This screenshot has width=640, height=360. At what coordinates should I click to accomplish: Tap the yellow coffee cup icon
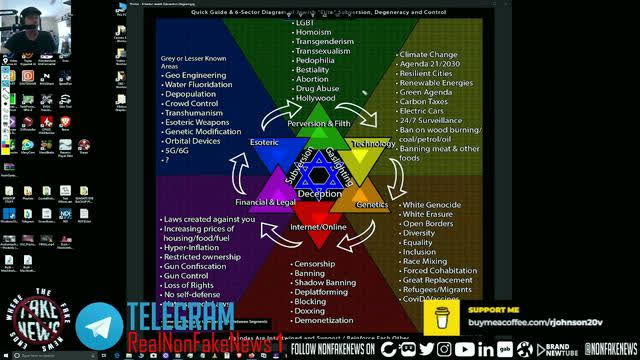pyautogui.click(x=442, y=317)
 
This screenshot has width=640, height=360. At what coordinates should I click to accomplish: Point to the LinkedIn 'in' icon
pyautogui.click(x=486, y=349)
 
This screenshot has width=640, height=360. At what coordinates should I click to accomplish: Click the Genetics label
pyautogui.click(x=371, y=203)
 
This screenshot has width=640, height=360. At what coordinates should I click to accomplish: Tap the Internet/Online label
pyautogui.click(x=319, y=228)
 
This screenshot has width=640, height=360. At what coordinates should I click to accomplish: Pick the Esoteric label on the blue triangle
pyautogui.click(x=264, y=144)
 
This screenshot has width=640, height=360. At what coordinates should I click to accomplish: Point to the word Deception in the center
pyautogui.click(x=319, y=193)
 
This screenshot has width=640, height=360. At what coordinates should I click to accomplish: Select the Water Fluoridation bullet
pyautogui.click(x=206, y=87)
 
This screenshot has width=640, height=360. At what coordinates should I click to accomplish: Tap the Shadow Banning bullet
pyautogui.click(x=324, y=283)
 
